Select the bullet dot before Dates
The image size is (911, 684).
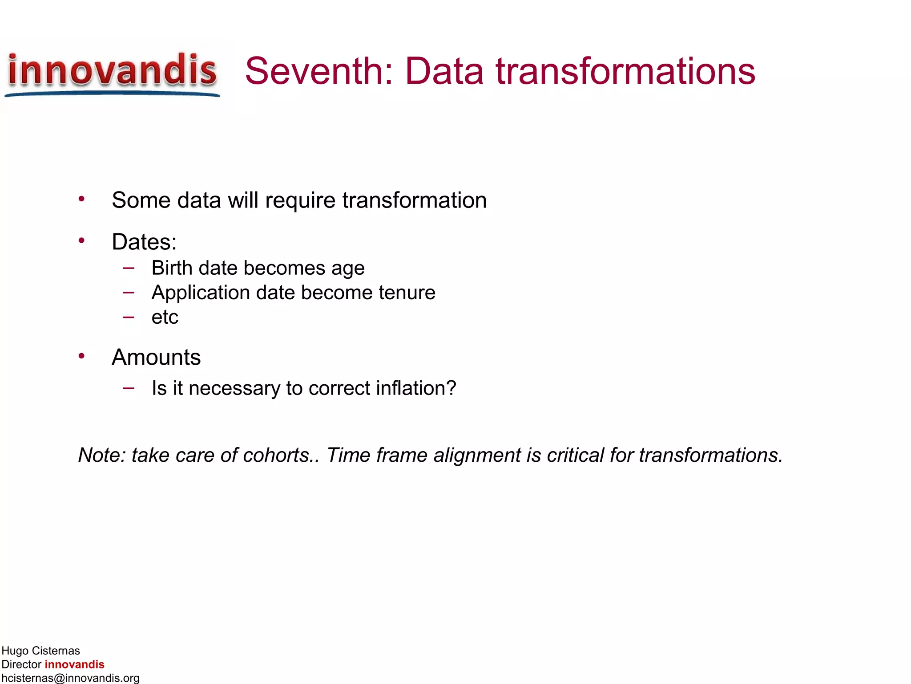tap(81, 241)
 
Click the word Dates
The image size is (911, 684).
tap(144, 242)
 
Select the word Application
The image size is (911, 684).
tap(200, 293)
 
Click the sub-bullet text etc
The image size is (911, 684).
tap(165, 318)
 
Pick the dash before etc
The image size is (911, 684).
tap(129, 318)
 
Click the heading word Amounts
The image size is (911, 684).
tap(156, 357)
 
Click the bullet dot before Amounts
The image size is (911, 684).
tap(81, 356)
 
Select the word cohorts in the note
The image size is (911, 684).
tap(280, 455)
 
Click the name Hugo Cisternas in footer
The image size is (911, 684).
tap(40, 651)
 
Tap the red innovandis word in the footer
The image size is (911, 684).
tap(74, 664)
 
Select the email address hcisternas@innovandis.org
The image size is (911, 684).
tap(70, 678)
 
